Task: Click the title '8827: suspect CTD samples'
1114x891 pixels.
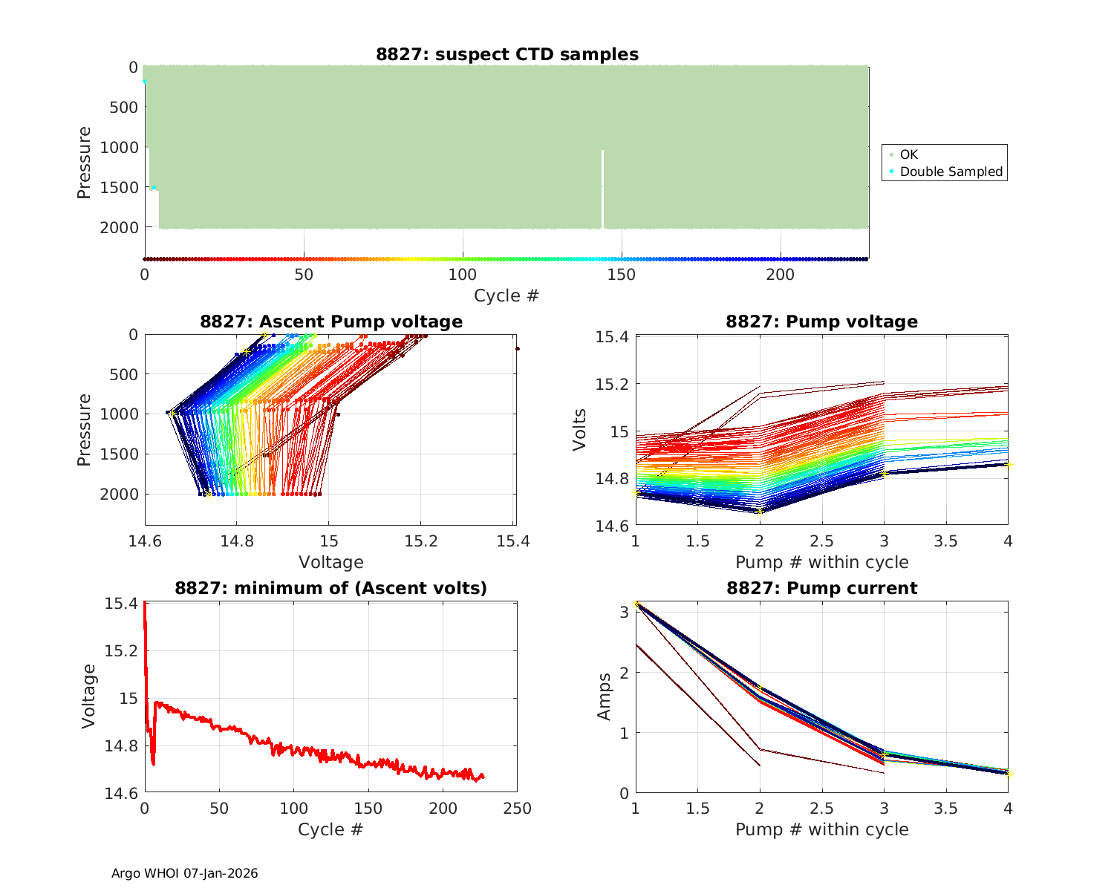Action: point(507,54)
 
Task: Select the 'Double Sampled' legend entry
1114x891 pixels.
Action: point(951,172)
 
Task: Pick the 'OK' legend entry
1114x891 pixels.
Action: point(908,154)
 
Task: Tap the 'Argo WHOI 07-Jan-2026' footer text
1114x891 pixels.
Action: point(185,873)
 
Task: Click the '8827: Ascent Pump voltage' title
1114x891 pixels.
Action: point(331,322)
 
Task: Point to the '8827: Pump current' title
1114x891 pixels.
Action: point(822,588)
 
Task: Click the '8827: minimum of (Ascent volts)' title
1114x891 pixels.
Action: point(331,588)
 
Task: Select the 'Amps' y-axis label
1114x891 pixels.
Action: point(605,696)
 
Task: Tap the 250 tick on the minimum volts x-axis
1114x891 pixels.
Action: point(517,809)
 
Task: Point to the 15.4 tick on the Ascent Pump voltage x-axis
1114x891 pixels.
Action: point(513,541)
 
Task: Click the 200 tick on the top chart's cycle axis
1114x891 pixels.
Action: point(781,275)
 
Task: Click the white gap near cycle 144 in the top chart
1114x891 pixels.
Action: point(602,189)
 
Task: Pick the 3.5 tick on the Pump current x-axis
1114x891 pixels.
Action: point(945,809)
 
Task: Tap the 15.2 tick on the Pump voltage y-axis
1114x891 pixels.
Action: point(613,384)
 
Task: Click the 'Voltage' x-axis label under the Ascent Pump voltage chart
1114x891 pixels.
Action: point(331,562)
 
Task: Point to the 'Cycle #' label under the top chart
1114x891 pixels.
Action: point(506,296)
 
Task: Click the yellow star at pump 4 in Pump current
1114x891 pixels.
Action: point(1008,774)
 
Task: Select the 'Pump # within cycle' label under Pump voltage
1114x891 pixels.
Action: point(822,562)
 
